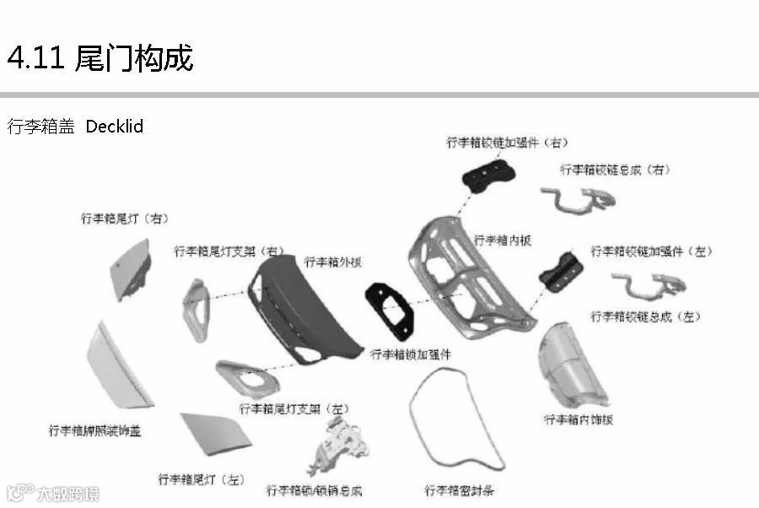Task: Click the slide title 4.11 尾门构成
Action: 100,57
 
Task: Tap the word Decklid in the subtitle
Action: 115,127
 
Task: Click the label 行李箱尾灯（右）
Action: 125,218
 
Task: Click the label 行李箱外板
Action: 333,262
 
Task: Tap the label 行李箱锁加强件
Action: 412,354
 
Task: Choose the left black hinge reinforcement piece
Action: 562,271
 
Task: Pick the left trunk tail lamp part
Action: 215,439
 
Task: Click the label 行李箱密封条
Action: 460,490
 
